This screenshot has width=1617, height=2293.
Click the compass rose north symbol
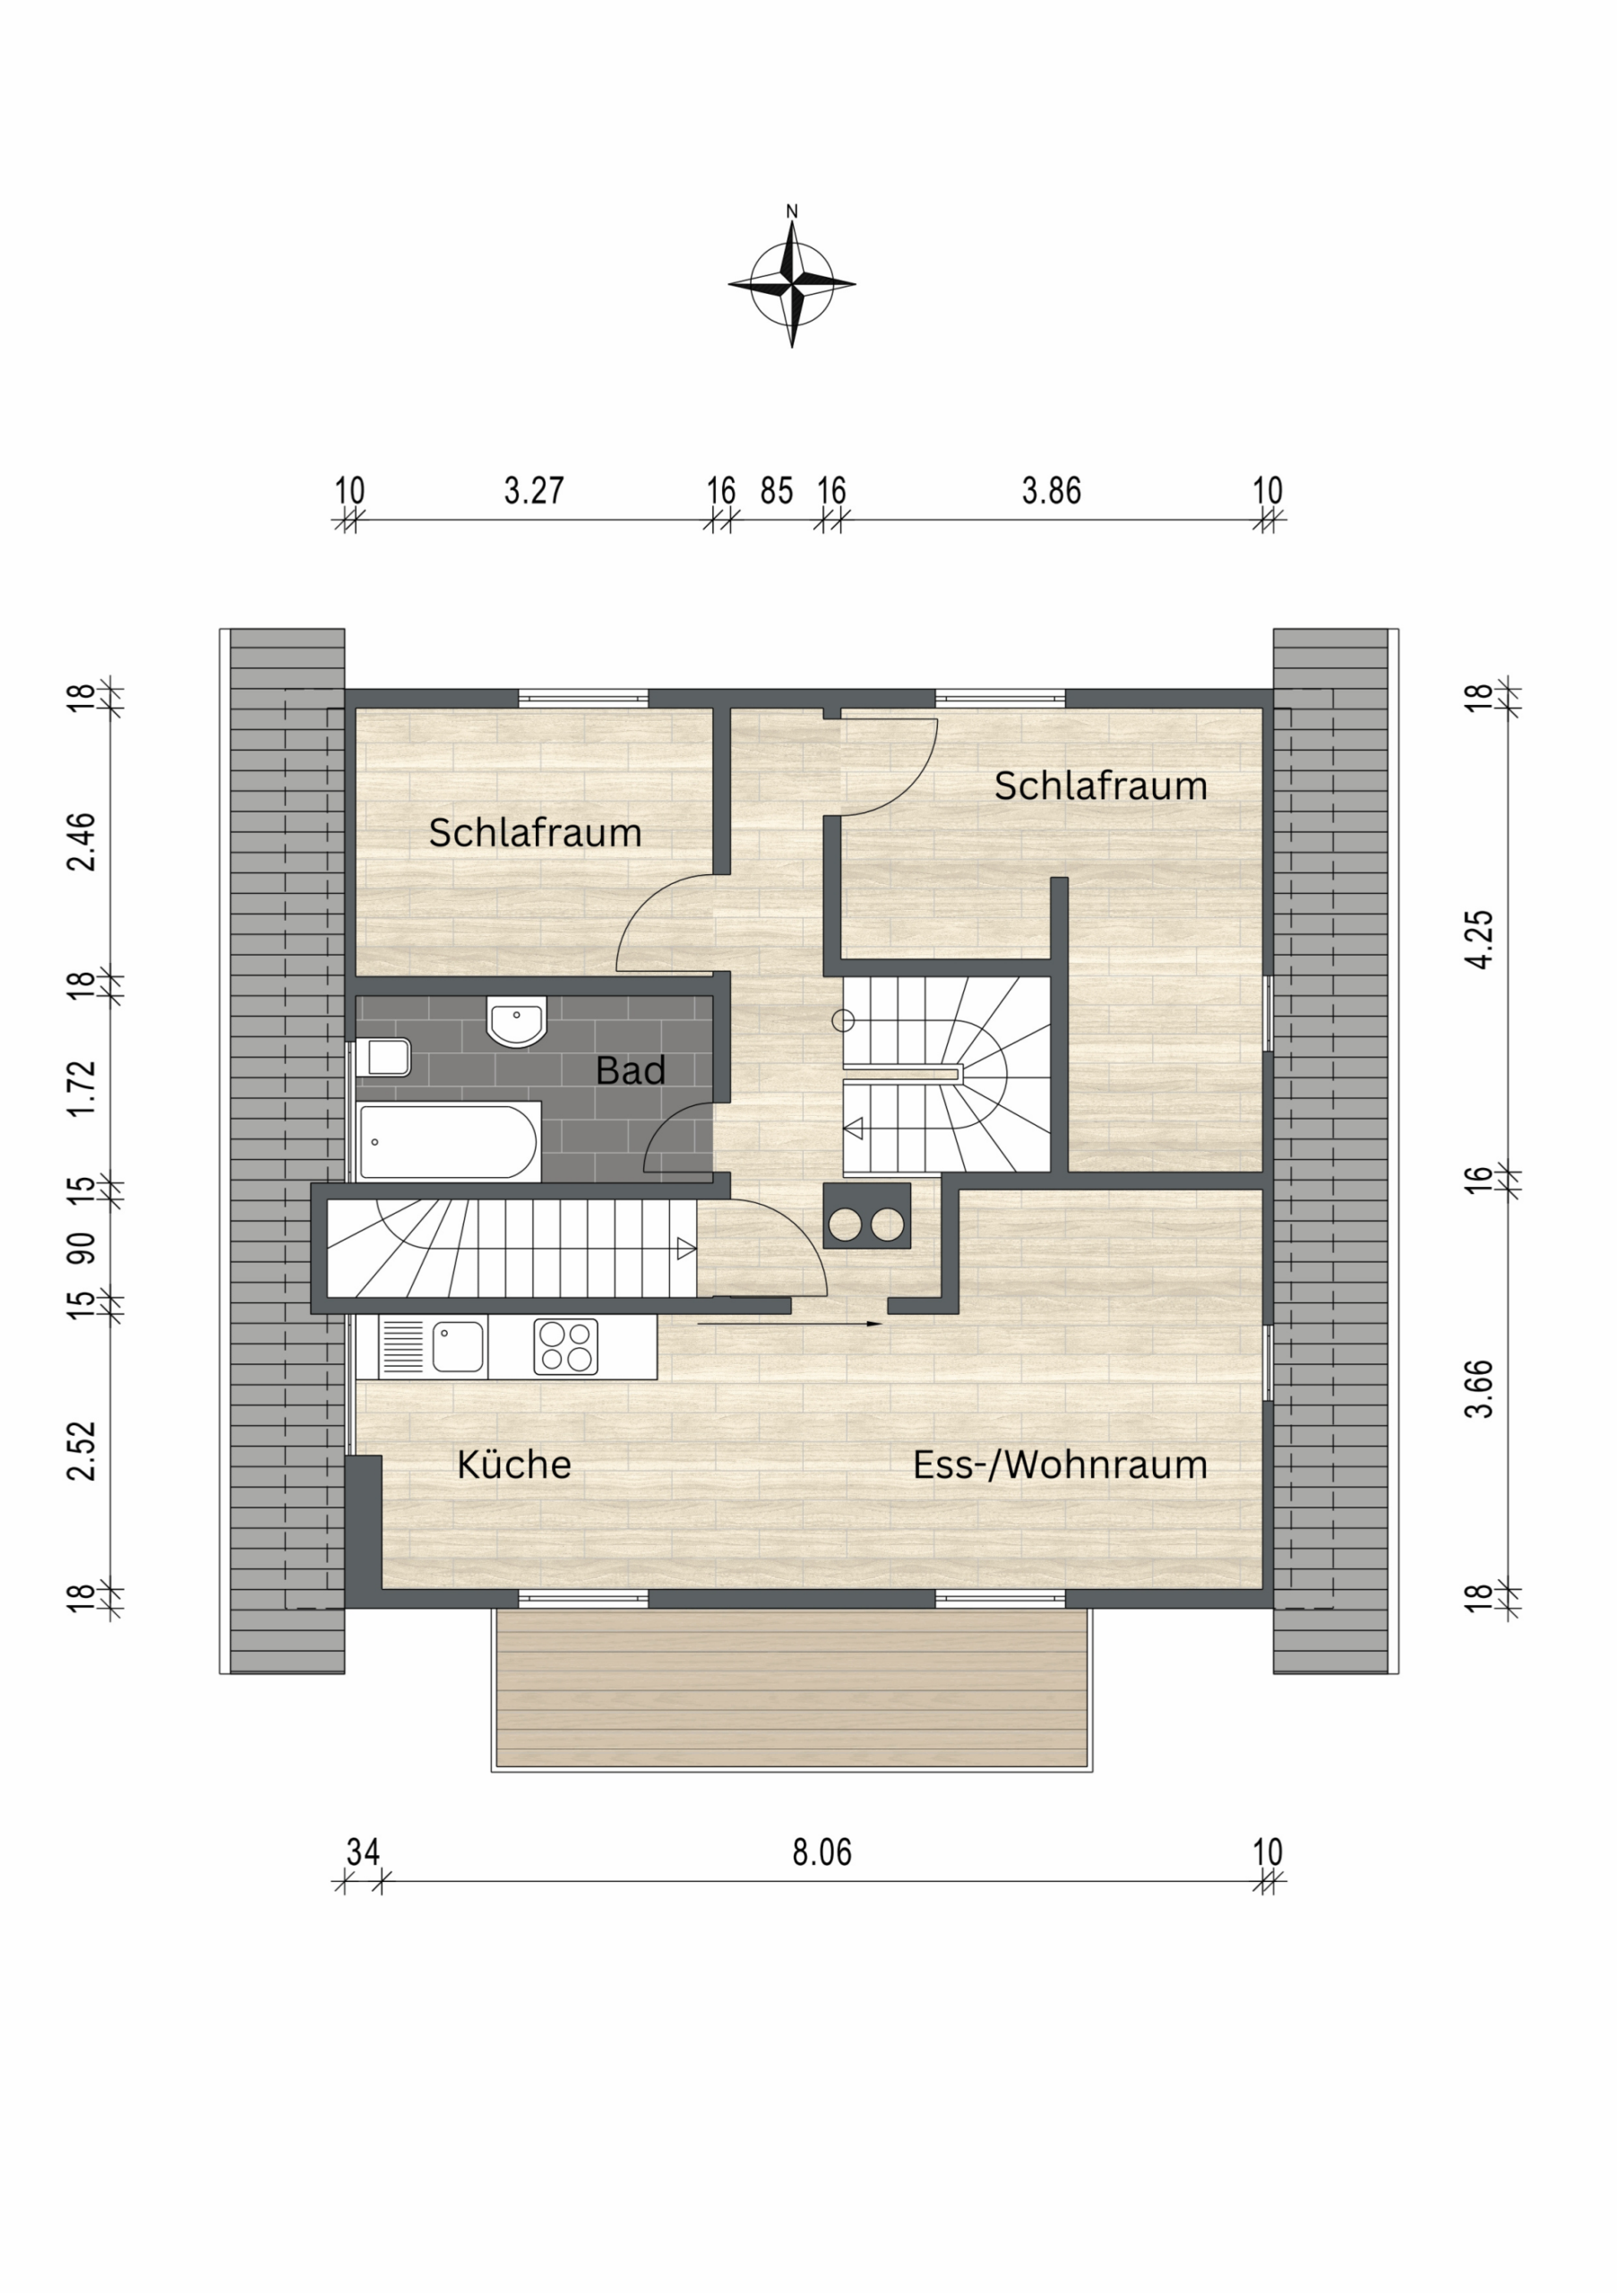[x=791, y=283]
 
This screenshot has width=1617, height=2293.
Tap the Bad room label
[x=630, y=1070]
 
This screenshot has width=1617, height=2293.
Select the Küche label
[x=513, y=1464]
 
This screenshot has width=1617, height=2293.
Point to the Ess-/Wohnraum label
[x=1060, y=1465]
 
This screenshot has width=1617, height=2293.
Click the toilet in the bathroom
[x=384, y=1057]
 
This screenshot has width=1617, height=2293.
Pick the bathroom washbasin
[x=516, y=1021]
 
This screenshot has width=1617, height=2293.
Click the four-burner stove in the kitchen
[x=565, y=1346]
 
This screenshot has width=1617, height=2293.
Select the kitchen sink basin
[x=459, y=1347]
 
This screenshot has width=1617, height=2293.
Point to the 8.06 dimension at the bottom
[x=822, y=1852]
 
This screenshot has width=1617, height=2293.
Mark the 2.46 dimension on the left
[x=81, y=842]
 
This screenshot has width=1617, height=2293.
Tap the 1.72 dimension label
[x=81, y=1088]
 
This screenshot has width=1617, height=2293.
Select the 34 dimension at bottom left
[x=363, y=1852]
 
